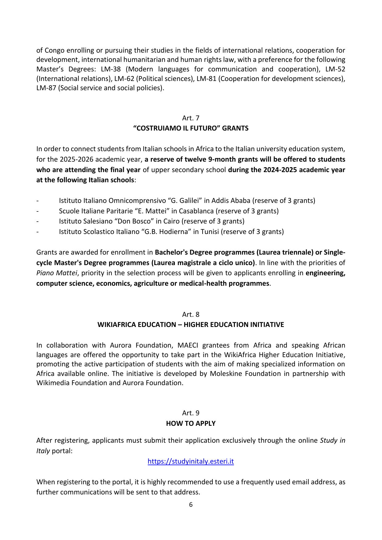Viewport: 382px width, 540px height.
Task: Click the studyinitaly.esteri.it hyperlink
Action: coord(191,461)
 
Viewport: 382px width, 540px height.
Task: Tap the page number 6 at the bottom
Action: coord(191,505)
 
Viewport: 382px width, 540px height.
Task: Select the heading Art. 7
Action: coord(191,118)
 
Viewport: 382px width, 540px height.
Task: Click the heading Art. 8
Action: coord(191,314)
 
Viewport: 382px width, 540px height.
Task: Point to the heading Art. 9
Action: coord(191,413)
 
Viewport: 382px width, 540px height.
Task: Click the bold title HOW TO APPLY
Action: coord(191,423)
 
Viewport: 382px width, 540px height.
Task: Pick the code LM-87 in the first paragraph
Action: coord(46,88)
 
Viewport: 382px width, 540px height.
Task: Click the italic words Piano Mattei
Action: coord(56,273)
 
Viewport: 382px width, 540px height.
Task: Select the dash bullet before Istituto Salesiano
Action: coord(37,221)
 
